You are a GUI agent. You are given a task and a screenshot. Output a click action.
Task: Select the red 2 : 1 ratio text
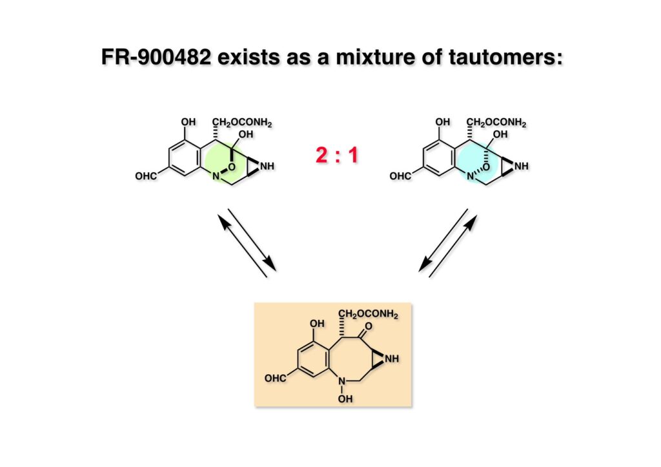[x=336, y=155]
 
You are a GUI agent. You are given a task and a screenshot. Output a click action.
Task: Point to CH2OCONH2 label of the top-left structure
[x=241, y=122]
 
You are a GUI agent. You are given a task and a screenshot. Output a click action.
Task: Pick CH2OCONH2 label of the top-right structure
[x=497, y=122]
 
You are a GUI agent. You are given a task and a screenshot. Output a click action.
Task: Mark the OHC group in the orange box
[x=275, y=378]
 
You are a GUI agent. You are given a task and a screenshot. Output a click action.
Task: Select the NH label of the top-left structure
[x=267, y=166]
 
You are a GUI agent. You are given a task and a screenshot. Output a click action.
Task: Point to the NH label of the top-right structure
[x=522, y=166]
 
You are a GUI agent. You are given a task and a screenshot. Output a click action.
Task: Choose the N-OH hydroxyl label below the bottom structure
[x=346, y=399]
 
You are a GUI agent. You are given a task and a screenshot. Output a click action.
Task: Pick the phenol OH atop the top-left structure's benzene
[x=188, y=122]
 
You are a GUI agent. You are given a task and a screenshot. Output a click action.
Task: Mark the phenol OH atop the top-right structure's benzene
[x=443, y=122]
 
